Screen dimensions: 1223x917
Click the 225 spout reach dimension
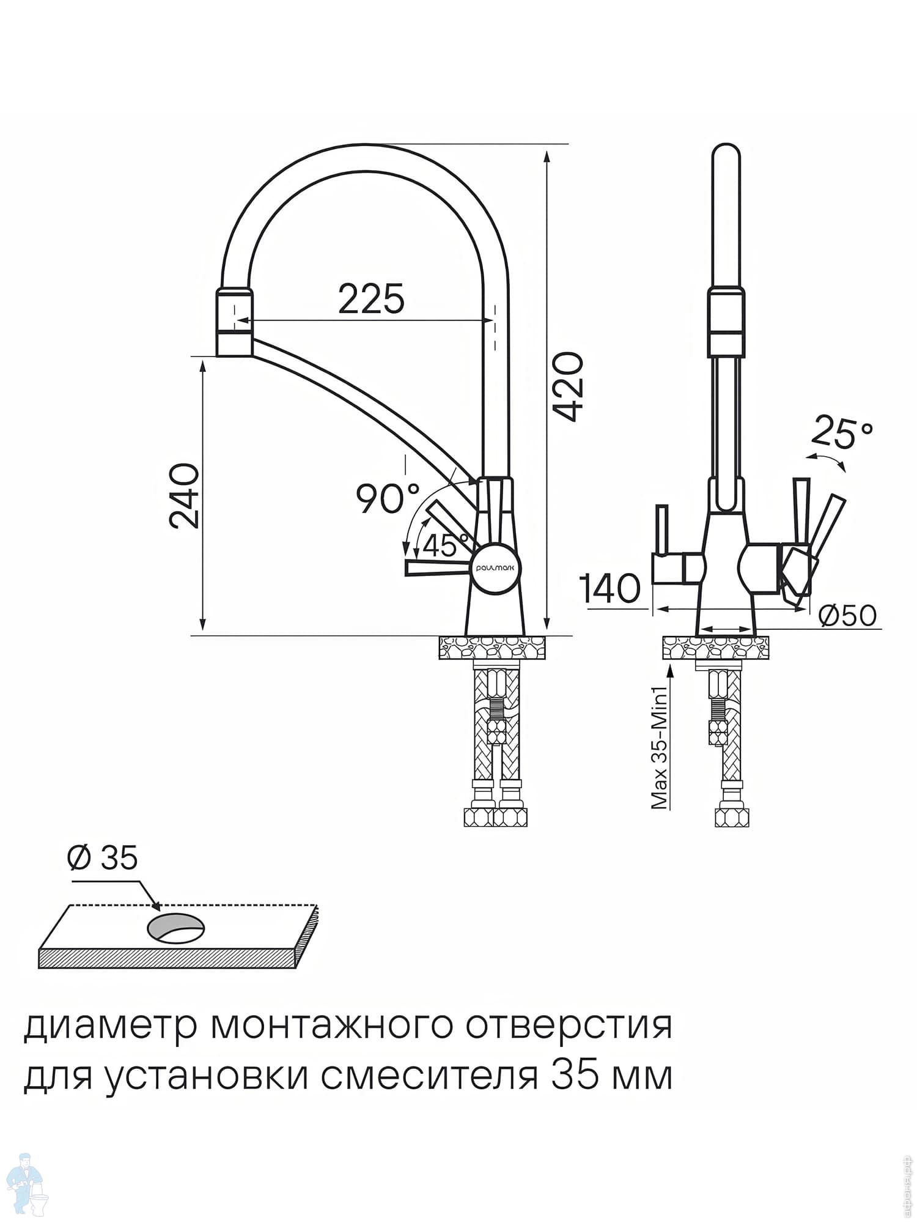point(371,299)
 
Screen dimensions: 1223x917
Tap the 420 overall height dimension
point(569,386)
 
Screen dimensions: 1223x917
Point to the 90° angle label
point(389,498)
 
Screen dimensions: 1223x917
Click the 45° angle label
point(446,545)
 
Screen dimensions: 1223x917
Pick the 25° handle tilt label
point(842,432)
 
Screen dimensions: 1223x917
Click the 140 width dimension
point(610,589)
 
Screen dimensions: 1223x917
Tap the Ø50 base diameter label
point(847,616)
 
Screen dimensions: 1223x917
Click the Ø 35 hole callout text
point(103,858)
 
